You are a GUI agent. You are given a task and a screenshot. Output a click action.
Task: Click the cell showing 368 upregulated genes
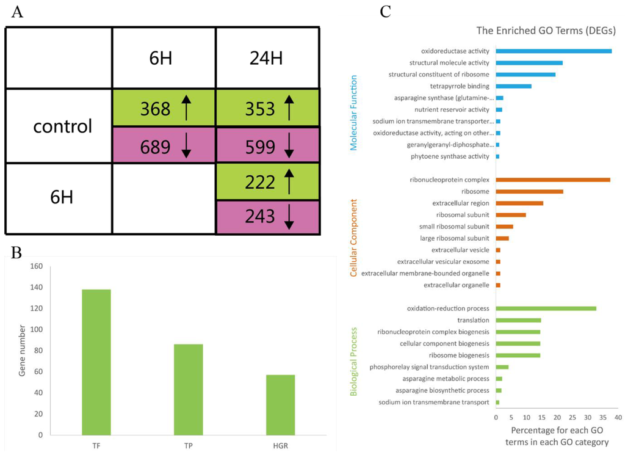[164, 108]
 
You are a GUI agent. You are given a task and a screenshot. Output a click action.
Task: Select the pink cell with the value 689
[164, 145]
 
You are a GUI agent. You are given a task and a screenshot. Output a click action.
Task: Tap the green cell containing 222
[267, 181]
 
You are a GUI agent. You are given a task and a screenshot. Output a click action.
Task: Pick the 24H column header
[267, 59]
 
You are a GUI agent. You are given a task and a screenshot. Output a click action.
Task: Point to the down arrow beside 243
[289, 216]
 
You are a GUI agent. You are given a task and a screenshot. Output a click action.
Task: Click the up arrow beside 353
[289, 109]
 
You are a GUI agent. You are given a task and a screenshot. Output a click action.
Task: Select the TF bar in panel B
[96, 362]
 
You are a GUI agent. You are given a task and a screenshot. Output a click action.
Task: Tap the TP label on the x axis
[189, 444]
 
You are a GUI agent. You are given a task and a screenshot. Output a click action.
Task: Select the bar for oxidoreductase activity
[554, 51]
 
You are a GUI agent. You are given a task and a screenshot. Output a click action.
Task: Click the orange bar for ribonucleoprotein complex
[553, 180]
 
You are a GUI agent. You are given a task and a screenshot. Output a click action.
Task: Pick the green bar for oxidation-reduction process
[546, 308]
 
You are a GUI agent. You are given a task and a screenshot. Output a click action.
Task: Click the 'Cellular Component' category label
[353, 237]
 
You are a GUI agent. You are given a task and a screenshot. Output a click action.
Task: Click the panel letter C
[385, 12]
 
